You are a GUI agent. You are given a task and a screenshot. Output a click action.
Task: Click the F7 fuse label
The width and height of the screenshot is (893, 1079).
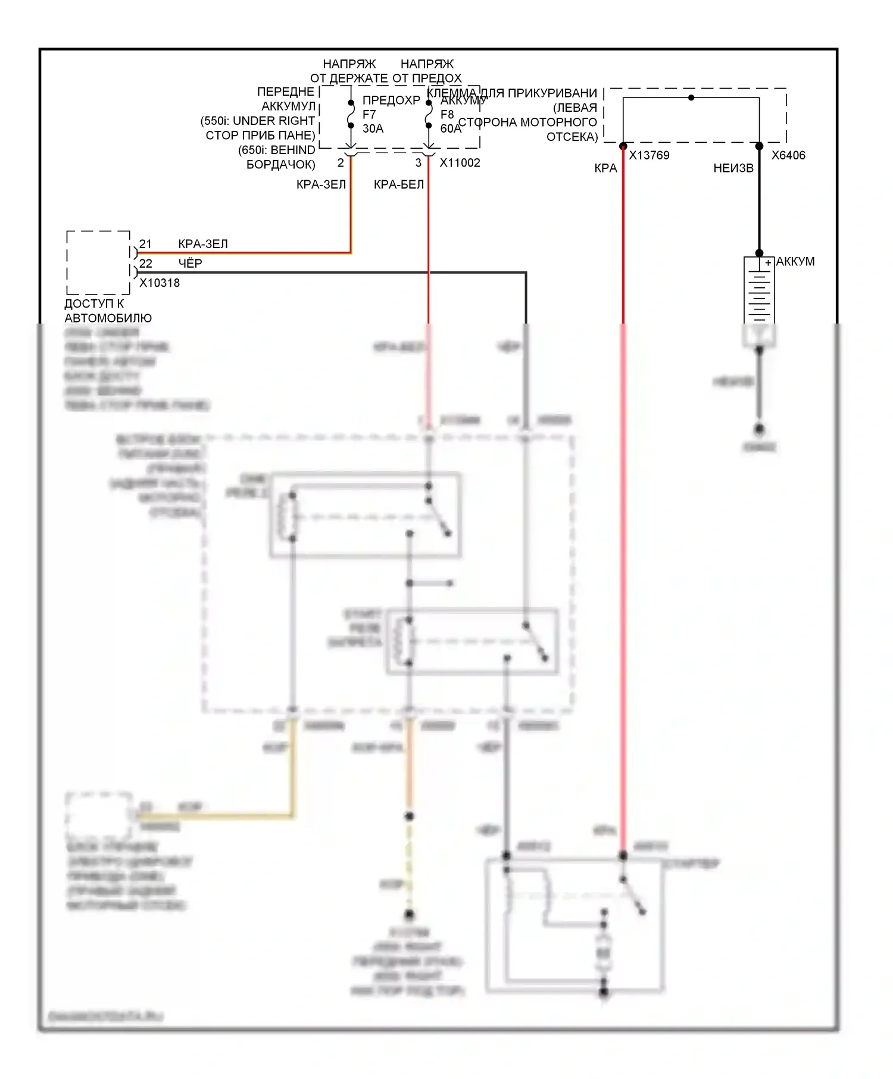[x=369, y=114]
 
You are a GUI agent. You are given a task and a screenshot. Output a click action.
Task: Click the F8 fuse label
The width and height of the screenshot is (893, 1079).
[x=447, y=114]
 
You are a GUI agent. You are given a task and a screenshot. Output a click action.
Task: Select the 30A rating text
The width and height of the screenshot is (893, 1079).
[x=373, y=128]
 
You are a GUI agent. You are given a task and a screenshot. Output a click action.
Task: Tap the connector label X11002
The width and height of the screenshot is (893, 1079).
[x=460, y=163]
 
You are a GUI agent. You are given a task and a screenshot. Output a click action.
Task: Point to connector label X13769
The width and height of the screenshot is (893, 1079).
[x=649, y=155]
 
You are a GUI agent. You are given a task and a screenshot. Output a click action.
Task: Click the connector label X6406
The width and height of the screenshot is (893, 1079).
[x=788, y=155]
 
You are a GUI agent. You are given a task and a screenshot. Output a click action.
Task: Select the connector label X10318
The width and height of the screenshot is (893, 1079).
[x=160, y=283]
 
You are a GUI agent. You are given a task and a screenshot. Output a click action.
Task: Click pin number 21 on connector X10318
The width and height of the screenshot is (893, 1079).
[x=145, y=244]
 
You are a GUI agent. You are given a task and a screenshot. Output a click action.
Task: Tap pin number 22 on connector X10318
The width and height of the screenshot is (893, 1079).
[x=145, y=264]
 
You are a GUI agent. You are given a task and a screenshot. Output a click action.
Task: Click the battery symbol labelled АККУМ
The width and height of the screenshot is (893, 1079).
[x=759, y=291]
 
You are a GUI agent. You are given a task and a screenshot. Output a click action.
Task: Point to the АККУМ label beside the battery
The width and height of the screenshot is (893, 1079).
[x=795, y=262]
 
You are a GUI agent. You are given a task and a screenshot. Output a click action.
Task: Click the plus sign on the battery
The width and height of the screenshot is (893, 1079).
[x=768, y=262]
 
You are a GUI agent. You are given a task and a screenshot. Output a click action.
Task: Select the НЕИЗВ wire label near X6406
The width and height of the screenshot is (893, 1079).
[x=733, y=168]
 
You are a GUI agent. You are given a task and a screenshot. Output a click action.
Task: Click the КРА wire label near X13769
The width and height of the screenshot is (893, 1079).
[x=605, y=168]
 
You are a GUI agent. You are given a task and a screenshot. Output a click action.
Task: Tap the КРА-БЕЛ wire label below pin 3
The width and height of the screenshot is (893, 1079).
[x=399, y=184]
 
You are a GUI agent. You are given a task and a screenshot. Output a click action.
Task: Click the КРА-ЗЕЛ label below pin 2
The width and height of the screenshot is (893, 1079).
[x=321, y=184]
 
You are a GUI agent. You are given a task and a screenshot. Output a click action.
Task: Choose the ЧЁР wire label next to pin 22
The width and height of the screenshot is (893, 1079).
[x=191, y=264]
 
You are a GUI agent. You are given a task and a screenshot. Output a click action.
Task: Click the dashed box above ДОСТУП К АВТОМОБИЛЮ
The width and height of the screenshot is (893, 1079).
[x=98, y=262]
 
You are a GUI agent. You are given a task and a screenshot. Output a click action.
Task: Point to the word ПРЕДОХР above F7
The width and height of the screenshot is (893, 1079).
[x=391, y=100]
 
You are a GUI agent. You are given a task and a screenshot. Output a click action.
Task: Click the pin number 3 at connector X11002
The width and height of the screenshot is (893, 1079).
[x=418, y=163]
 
